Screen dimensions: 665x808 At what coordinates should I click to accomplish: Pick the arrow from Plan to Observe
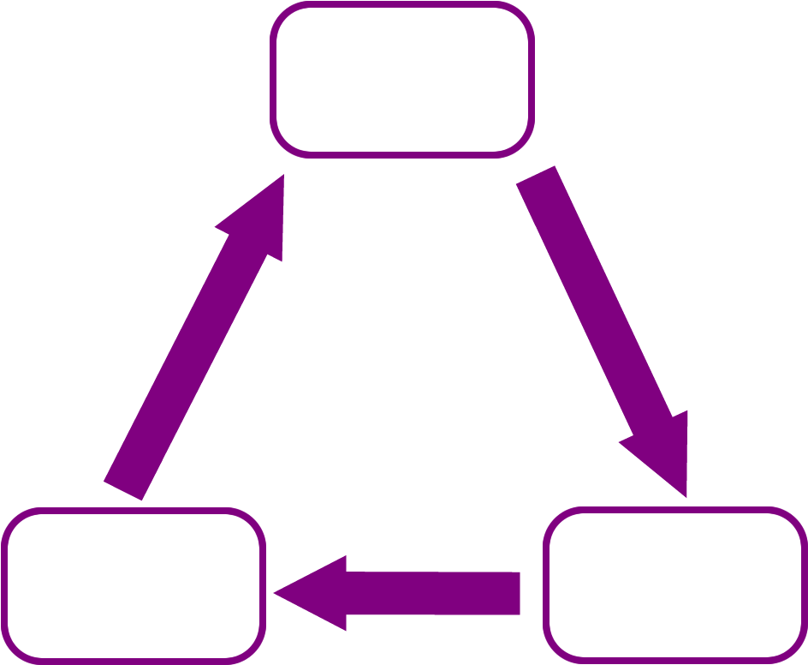coord(197,343)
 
